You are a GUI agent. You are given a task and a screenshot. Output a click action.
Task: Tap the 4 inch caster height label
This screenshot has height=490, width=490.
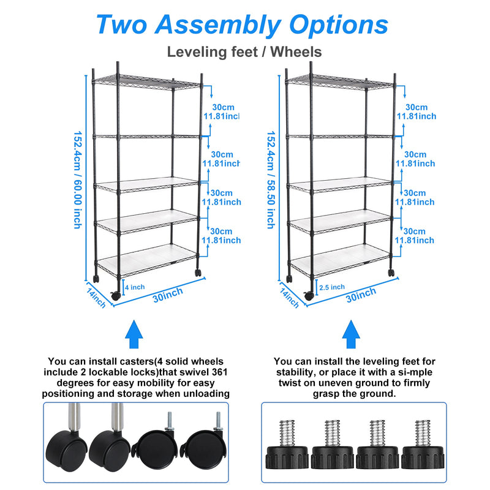135,286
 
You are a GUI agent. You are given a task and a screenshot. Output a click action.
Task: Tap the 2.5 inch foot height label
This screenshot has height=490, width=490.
331,287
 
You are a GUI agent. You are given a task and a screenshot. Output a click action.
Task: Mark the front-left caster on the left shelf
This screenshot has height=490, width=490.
115,295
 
